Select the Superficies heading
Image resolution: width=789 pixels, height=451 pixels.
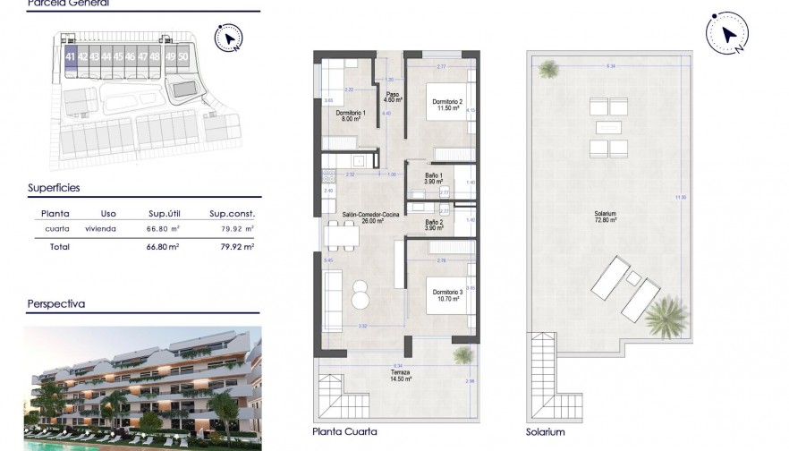[x=54, y=188]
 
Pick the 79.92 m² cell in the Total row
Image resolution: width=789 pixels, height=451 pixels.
[x=237, y=246]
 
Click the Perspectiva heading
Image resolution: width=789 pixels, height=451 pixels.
[x=55, y=303]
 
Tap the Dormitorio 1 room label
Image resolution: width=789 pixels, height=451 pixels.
[x=349, y=115]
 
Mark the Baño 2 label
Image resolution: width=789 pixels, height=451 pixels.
[x=434, y=225]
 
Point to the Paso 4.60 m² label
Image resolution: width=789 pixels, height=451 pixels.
[x=392, y=97]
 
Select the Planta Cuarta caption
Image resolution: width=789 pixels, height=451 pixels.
[x=345, y=431]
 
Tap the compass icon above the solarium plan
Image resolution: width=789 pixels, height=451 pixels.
[x=725, y=34]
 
